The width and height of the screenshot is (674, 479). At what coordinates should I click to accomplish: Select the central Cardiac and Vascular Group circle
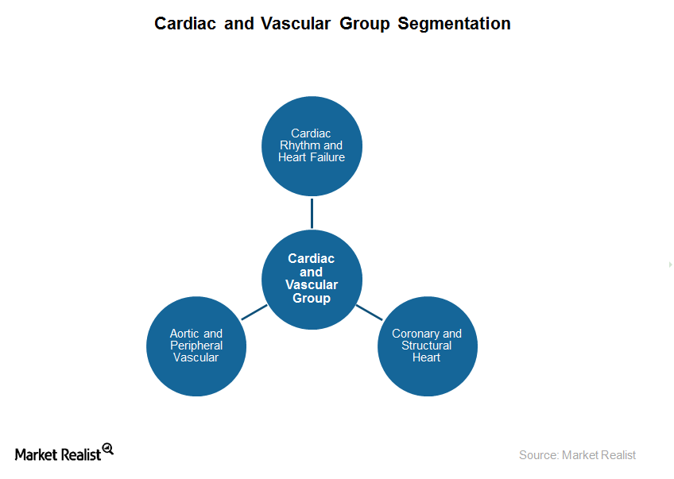312,279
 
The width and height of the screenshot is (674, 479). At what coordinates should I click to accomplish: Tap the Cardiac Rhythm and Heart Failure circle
312,146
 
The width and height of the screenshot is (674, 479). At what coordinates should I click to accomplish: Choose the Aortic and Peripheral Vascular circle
196,346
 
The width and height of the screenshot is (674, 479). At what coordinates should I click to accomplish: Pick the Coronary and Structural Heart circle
427,346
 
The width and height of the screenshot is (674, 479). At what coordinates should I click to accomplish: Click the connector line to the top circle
312,213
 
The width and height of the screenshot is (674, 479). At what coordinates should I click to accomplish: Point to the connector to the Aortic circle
254,312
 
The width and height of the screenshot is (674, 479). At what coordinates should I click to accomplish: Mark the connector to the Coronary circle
369,312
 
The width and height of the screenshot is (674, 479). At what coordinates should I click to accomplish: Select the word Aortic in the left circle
184,334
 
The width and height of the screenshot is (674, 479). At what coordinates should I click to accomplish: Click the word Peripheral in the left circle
196,346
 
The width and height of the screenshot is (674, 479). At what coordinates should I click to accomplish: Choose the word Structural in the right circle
427,346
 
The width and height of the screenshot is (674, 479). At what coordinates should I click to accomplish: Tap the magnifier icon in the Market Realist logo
108,449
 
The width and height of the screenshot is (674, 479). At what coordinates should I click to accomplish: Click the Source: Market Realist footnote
577,455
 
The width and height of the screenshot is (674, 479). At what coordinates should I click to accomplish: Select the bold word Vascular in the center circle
312,285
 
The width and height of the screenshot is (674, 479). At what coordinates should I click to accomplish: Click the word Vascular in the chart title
293,24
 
